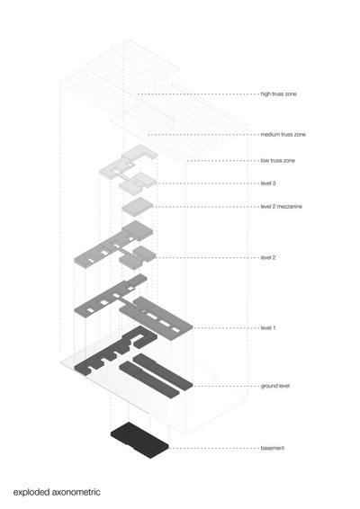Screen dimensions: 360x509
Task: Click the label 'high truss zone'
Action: [278, 94]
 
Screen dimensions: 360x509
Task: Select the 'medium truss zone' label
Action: [283, 134]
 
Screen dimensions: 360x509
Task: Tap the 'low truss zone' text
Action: [278, 160]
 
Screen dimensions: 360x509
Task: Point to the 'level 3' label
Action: [268, 183]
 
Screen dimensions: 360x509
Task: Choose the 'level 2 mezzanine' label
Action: [282, 207]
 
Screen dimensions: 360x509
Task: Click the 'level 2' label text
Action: [268, 257]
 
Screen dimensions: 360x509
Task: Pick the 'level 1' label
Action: [268, 328]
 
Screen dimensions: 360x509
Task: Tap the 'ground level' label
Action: [275, 386]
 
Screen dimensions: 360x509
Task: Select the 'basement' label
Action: [273, 448]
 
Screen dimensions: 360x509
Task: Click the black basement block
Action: [140, 440]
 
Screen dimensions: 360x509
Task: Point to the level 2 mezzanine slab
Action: [137, 207]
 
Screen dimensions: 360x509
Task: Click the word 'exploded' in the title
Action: [31, 492]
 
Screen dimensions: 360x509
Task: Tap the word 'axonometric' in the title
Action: [76, 492]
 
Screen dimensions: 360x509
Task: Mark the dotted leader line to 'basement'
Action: [213, 448]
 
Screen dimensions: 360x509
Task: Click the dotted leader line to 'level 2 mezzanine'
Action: [205, 207]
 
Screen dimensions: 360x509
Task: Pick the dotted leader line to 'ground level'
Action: [226, 386]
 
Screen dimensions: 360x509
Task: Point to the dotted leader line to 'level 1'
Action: [226, 328]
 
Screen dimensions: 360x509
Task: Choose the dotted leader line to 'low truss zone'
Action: [222, 161]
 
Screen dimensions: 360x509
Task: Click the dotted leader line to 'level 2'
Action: [207, 258]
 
